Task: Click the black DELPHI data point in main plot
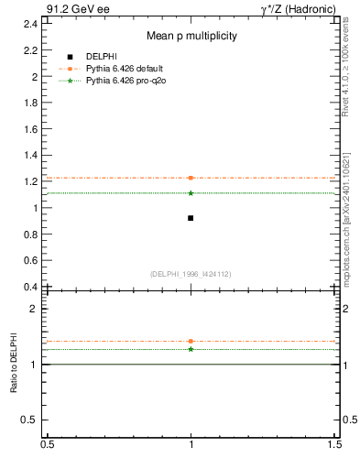click(191, 218)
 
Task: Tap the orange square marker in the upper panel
click(191, 178)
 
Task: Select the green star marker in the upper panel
click(191, 192)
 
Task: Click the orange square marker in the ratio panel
click(191, 341)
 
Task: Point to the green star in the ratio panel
click(191, 349)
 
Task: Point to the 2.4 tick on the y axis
click(32, 24)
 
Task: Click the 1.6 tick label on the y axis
click(32, 129)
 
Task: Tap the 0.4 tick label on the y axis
click(32, 287)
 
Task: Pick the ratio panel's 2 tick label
click(36, 310)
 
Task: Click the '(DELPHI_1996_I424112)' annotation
click(191, 273)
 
